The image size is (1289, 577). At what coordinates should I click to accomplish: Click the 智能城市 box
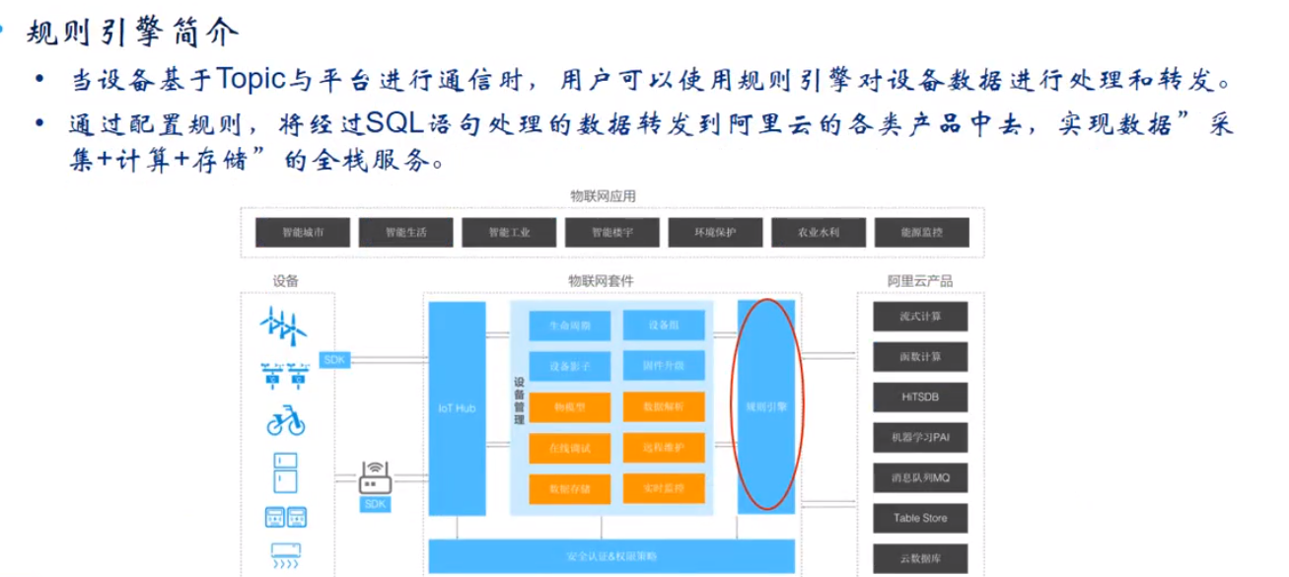pyautogui.click(x=303, y=233)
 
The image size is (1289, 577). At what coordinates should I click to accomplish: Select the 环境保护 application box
pyautogui.click(x=715, y=233)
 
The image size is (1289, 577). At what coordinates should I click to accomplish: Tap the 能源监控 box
pyautogui.click(x=920, y=233)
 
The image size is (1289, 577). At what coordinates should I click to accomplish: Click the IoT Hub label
pyautogui.click(x=457, y=407)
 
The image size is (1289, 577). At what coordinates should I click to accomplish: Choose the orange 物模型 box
pyautogui.click(x=570, y=406)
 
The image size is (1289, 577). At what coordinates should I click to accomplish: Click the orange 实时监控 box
pyautogui.click(x=663, y=487)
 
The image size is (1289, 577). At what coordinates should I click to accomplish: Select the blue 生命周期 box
pyautogui.click(x=570, y=325)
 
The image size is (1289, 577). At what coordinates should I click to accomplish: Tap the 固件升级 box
pyautogui.click(x=663, y=366)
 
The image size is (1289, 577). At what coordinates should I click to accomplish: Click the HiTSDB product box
pyautogui.click(x=920, y=397)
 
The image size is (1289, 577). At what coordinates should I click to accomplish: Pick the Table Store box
pyautogui.click(x=920, y=518)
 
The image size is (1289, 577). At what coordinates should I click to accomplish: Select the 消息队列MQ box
pyautogui.click(x=920, y=478)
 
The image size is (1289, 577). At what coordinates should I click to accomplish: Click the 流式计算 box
pyautogui.click(x=920, y=318)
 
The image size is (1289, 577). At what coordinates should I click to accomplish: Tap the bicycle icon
pyautogui.click(x=286, y=421)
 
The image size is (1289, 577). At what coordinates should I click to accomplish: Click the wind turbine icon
pyautogui.click(x=285, y=325)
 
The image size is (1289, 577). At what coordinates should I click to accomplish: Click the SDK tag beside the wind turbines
pyautogui.click(x=334, y=360)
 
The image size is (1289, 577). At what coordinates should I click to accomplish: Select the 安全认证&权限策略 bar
pyautogui.click(x=612, y=555)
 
